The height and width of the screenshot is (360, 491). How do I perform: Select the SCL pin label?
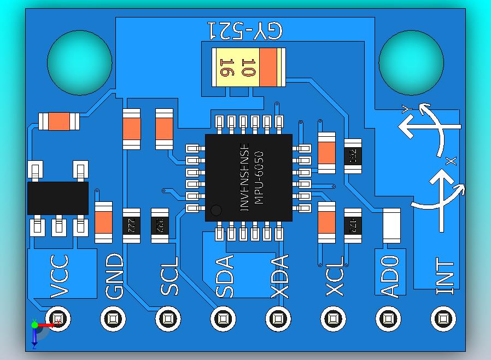tap(169, 276)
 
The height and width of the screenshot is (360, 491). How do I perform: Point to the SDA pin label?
tap(224, 276)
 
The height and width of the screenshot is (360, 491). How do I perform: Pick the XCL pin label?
tap(334, 276)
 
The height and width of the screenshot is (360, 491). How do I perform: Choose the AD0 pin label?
tap(389, 276)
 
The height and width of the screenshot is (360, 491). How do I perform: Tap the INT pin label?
tap(446, 276)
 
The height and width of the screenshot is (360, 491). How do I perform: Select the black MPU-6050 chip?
tap(249, 177)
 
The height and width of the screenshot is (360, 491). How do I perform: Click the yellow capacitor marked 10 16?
tap(249, 67)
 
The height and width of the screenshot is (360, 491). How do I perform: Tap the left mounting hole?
tap(80, 62)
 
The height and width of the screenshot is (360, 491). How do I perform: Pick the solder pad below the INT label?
tap(443, 318)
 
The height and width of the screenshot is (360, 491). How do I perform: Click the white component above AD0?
tap(391, 225)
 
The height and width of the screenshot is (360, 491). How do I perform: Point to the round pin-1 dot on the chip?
tap(217, 210)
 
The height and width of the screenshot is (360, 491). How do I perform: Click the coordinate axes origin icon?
tap(35, 325)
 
